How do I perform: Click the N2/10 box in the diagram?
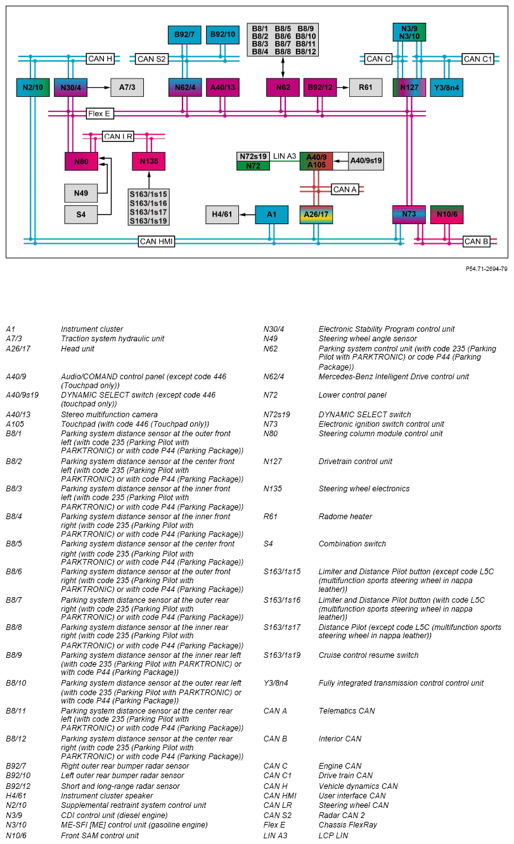click(32, 87)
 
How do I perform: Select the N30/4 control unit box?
click(70, 87)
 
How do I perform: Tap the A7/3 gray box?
click(127, 87)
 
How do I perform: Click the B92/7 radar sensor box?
click(184, 34)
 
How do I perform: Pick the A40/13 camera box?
click(222, 87)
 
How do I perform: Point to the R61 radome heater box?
click(366, 87)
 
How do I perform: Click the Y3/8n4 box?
click(446, 87)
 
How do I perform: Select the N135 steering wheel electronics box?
click(149, 161)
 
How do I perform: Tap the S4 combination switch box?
click(81, 215)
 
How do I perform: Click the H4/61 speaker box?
click(222, 215)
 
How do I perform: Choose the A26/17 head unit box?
click(316, 215)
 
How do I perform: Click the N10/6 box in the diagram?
click(446, 215)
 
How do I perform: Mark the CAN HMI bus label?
click(157, 241)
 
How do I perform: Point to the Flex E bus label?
click(99, 114)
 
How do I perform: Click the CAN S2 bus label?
click(151, 59)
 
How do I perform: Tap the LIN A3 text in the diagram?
click(285, 156)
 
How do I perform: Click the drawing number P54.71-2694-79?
click(486, 268)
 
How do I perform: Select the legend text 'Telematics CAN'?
click(346, 711)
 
